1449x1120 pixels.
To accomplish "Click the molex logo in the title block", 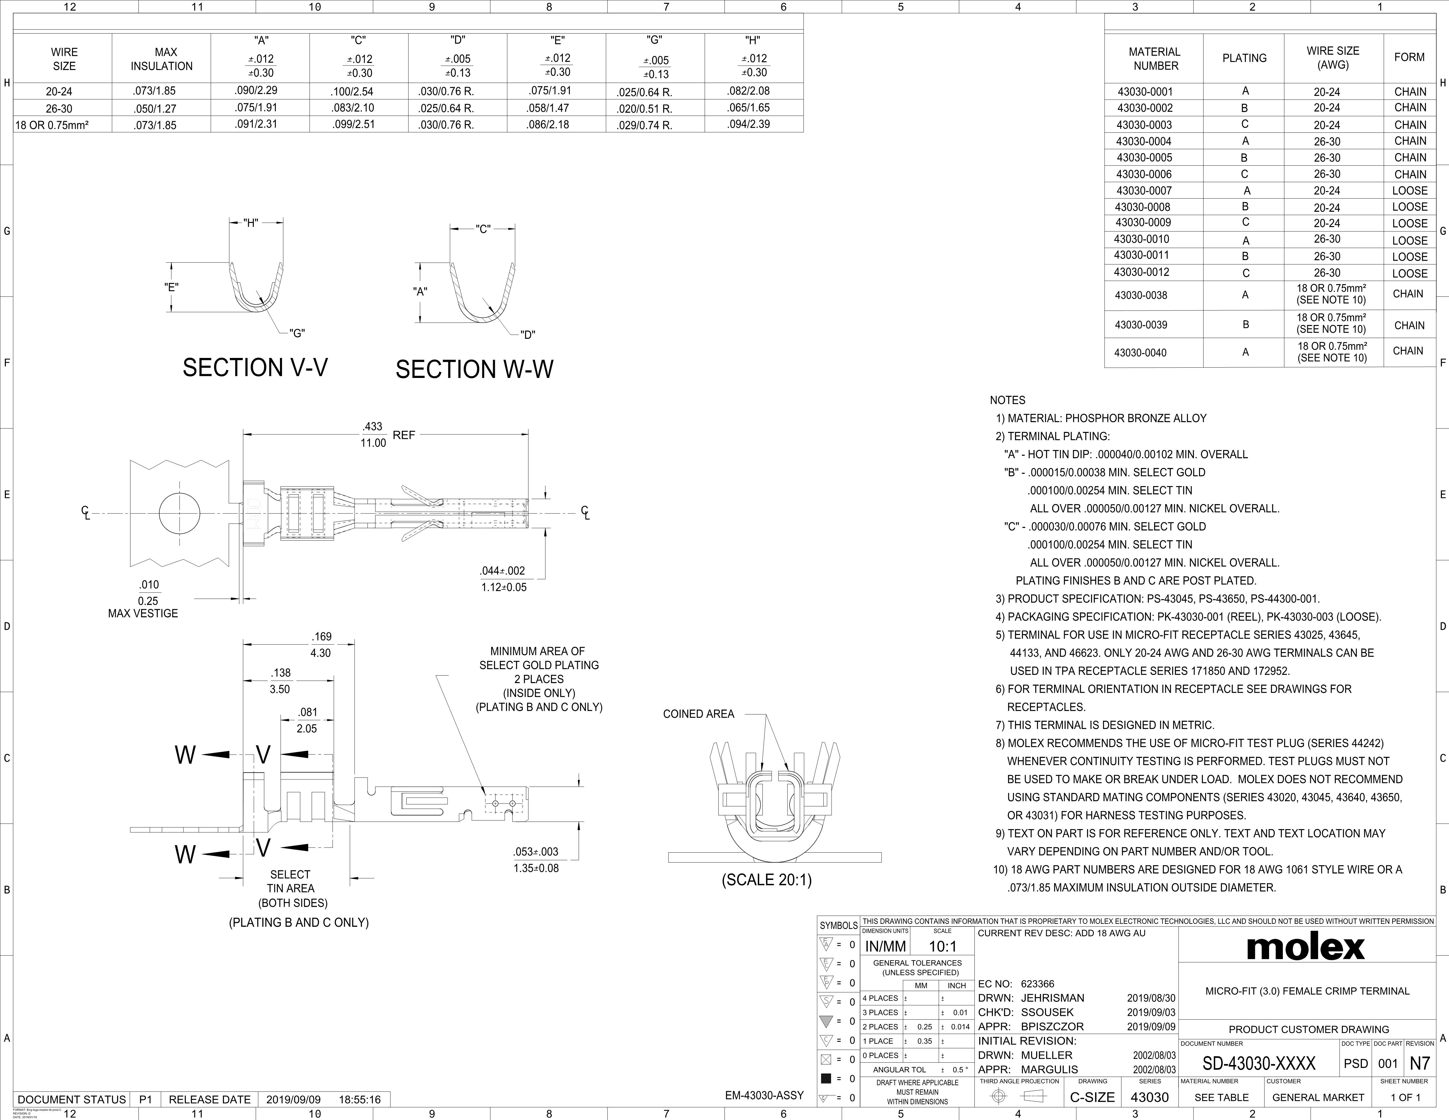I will [x=1306, y=947].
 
